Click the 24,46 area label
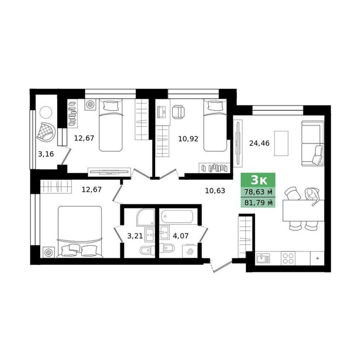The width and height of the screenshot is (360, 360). click(259, 143)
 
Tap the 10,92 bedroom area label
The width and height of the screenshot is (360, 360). click(188, 139)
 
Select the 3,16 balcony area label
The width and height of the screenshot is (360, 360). click(46, 154)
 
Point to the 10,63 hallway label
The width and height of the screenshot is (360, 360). click(215, 191)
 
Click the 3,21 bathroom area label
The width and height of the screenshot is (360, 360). click(135, 236)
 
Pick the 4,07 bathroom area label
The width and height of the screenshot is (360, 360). click(181, 236)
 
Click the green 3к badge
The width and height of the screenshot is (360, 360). click(258, 180)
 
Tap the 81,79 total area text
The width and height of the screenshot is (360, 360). click(259, 203)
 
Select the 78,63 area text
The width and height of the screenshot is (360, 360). click(259, 192)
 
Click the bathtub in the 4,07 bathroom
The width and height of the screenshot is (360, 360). click(177, 216)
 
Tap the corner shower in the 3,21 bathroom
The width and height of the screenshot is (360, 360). click(146, 217)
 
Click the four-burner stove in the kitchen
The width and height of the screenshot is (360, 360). click(288, 258)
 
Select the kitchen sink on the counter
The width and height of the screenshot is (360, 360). click(263, 258)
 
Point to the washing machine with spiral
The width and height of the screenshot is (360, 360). click(190, 251)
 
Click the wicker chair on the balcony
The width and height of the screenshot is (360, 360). click(46, 132)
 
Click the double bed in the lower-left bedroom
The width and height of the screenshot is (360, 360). click(80, 232)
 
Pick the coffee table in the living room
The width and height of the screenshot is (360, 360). click(281, 143)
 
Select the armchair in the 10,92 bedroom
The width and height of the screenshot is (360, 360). click(178, 112)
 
